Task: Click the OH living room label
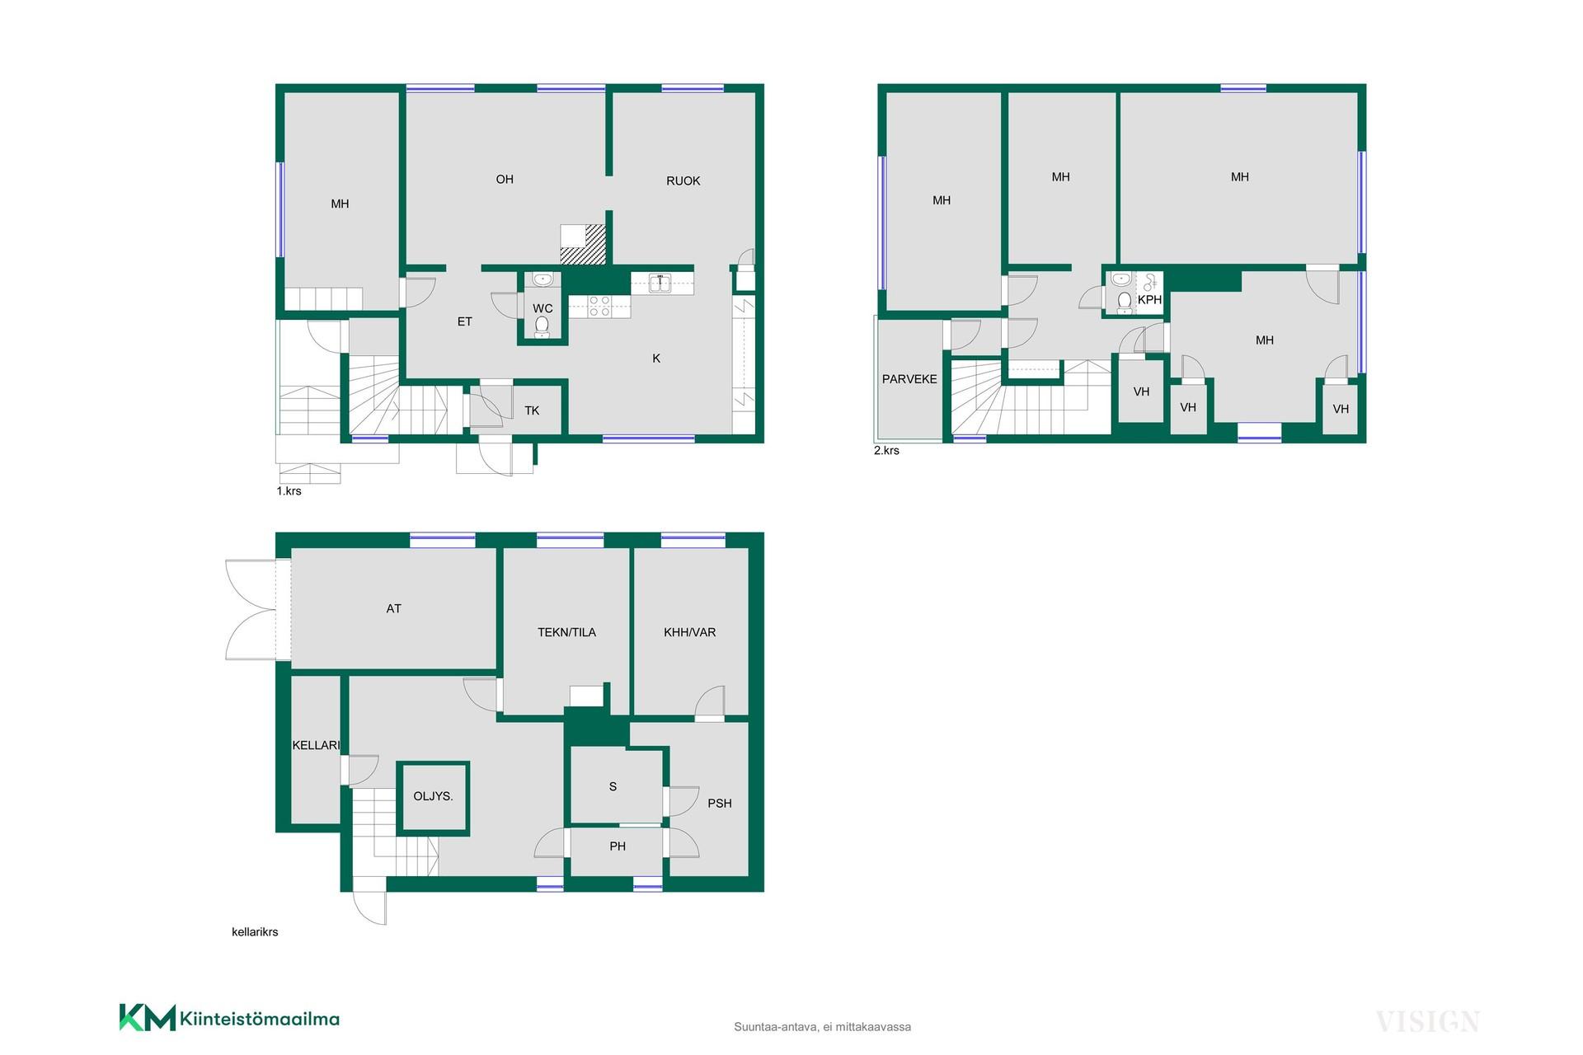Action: pos(505,180)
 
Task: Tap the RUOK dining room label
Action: pos(683,181)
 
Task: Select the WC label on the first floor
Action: pos(543,309)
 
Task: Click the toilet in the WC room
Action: pos(542,326)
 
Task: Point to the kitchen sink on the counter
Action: pos(660,284)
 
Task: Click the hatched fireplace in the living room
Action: pos(583,245)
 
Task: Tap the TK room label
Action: pos(532,410)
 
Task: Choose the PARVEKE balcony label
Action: pos(909,379)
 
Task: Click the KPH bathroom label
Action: pos(1149,300)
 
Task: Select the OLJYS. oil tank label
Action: pos(433,796)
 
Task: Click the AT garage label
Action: pos(394,609)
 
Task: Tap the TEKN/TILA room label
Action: pos(566,633)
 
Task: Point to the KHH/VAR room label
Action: pos(690,633)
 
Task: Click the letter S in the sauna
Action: pos(613,787)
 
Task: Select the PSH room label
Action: pos(720,804)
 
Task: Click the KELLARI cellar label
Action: pos(316,745)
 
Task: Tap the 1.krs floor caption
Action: pos(289,491)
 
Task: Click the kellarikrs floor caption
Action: pos(255,932)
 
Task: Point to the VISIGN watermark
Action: pos(1427,1022)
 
